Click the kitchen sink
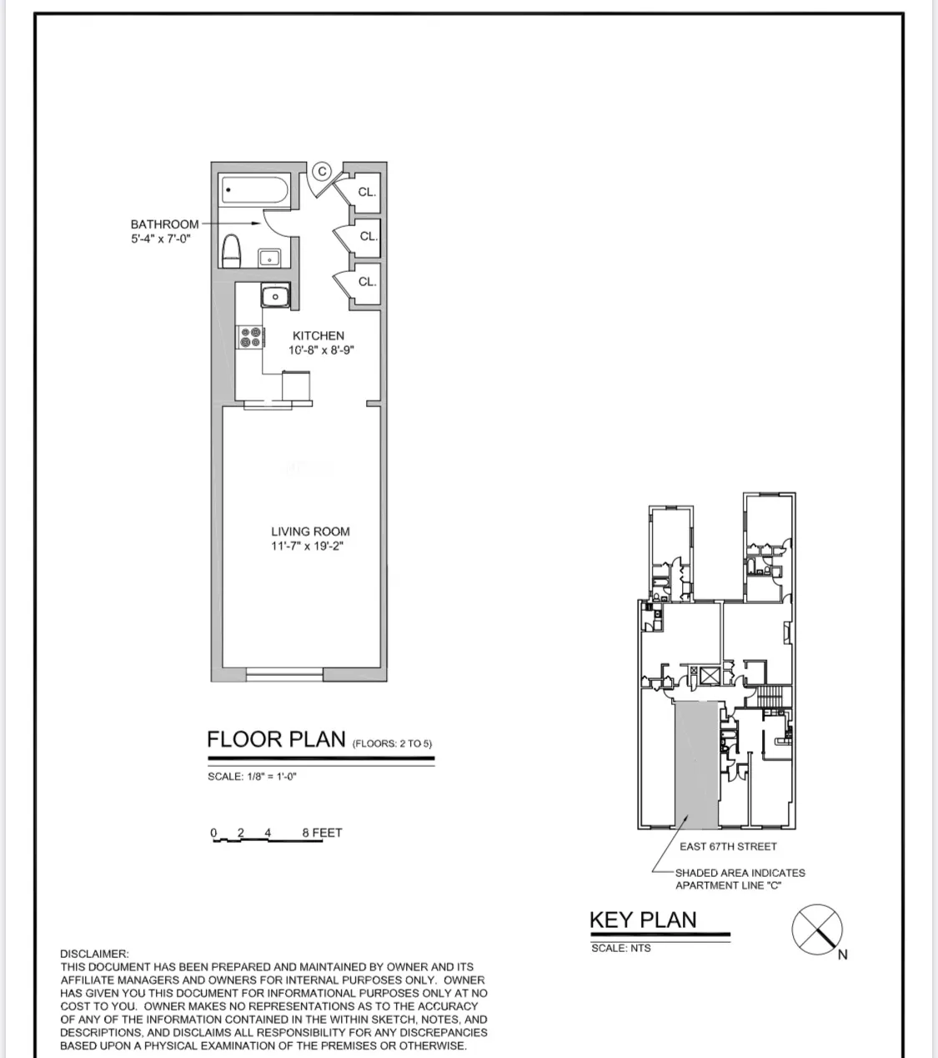[274, 296]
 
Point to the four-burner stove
[251, 336]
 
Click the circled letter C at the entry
[323, 172]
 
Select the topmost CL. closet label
[367, 192]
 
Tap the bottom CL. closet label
[367, 282]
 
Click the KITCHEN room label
[318, 335]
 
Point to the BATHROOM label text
[164, 224]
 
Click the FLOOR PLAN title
[276, 739]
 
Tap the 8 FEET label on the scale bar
[322, 833]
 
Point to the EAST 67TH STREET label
[728, 846]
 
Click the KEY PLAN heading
[643, 919]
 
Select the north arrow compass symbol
[816, 930]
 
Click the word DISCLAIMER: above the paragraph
[94, 954]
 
